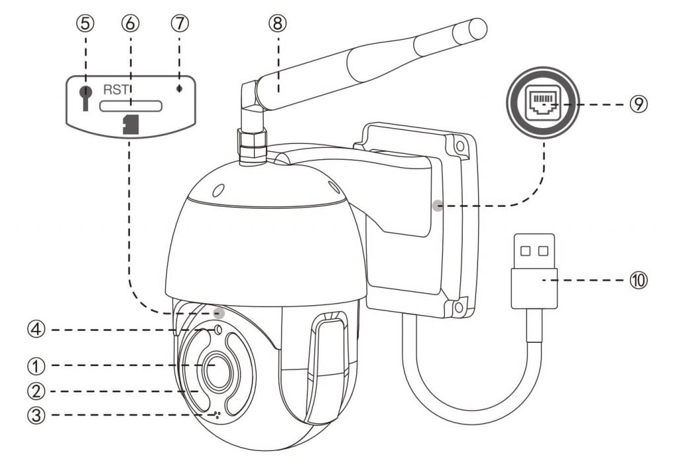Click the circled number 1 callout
click(x=36, y=366)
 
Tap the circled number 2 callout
click(x=36, y=391)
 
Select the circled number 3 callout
click(x=36, y=415)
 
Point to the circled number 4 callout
click(x=36, y=330)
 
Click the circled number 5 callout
click(x=85, y=23)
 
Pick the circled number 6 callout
click(x=130, y=23)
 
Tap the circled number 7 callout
click(x=180, y=23)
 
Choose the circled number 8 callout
click(x=278, y=23)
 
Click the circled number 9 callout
click(x=639, y=104)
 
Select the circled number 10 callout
click(x=639, y=280)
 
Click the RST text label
click(x=115, y=90)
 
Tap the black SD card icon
click(x=130, y=125)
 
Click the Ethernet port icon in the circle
click(x=543, y=102)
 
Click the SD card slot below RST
click(x=131, y=106)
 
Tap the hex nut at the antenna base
click(x=252, y=143)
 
